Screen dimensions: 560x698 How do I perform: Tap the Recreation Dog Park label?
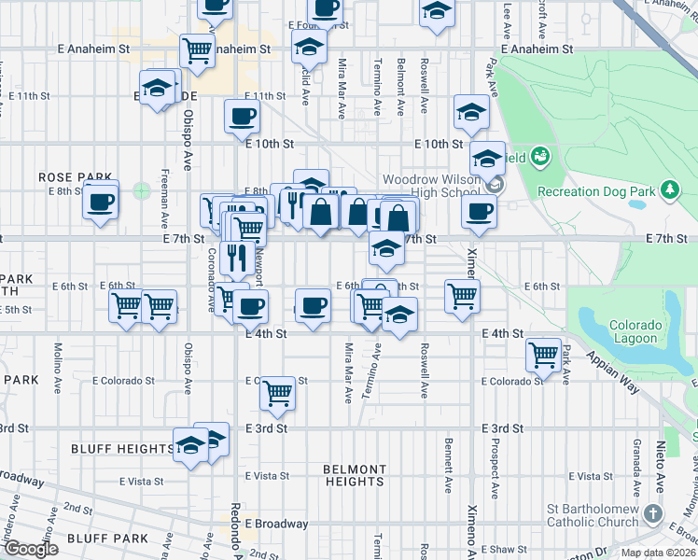596,191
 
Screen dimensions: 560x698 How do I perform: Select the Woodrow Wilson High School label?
430,186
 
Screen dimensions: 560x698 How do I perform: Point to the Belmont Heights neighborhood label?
354,475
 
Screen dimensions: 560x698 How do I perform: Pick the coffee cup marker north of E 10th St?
242,117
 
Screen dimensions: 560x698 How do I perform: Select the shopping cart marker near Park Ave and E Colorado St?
543,354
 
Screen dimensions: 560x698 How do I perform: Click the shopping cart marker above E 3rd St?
277,393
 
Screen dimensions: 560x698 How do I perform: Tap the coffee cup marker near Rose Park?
101,201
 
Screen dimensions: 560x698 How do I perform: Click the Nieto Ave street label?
660,458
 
